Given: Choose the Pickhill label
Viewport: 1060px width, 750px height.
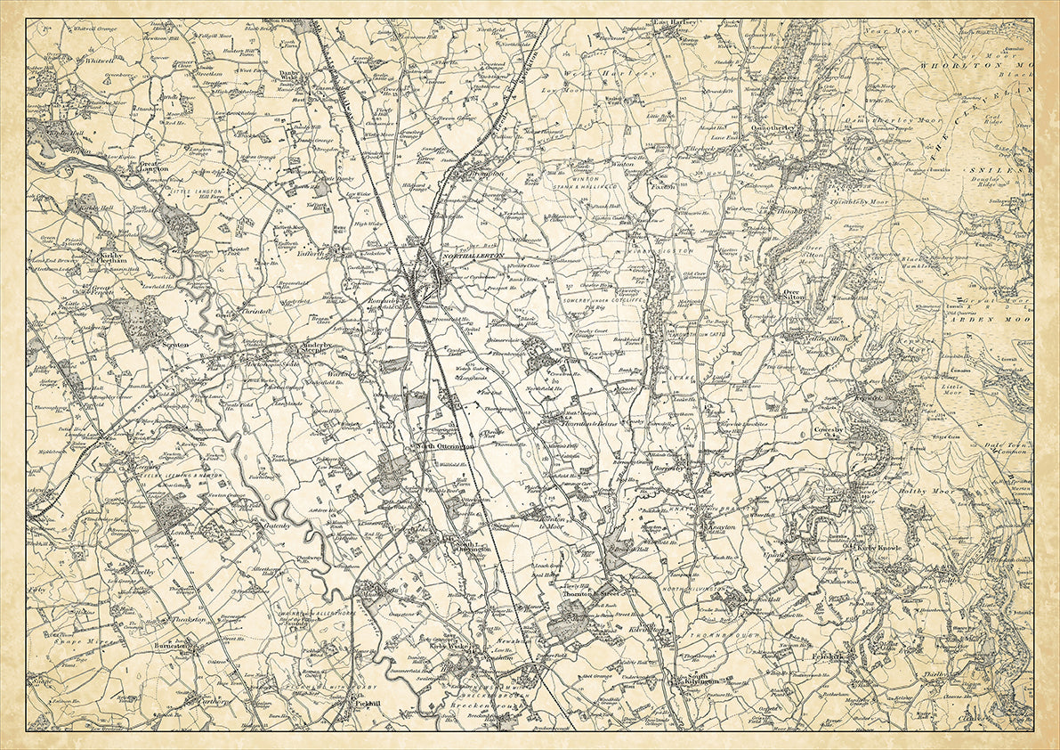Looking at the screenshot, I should coord(367,704).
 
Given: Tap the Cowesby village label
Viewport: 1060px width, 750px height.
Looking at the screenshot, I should coord(829,430).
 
